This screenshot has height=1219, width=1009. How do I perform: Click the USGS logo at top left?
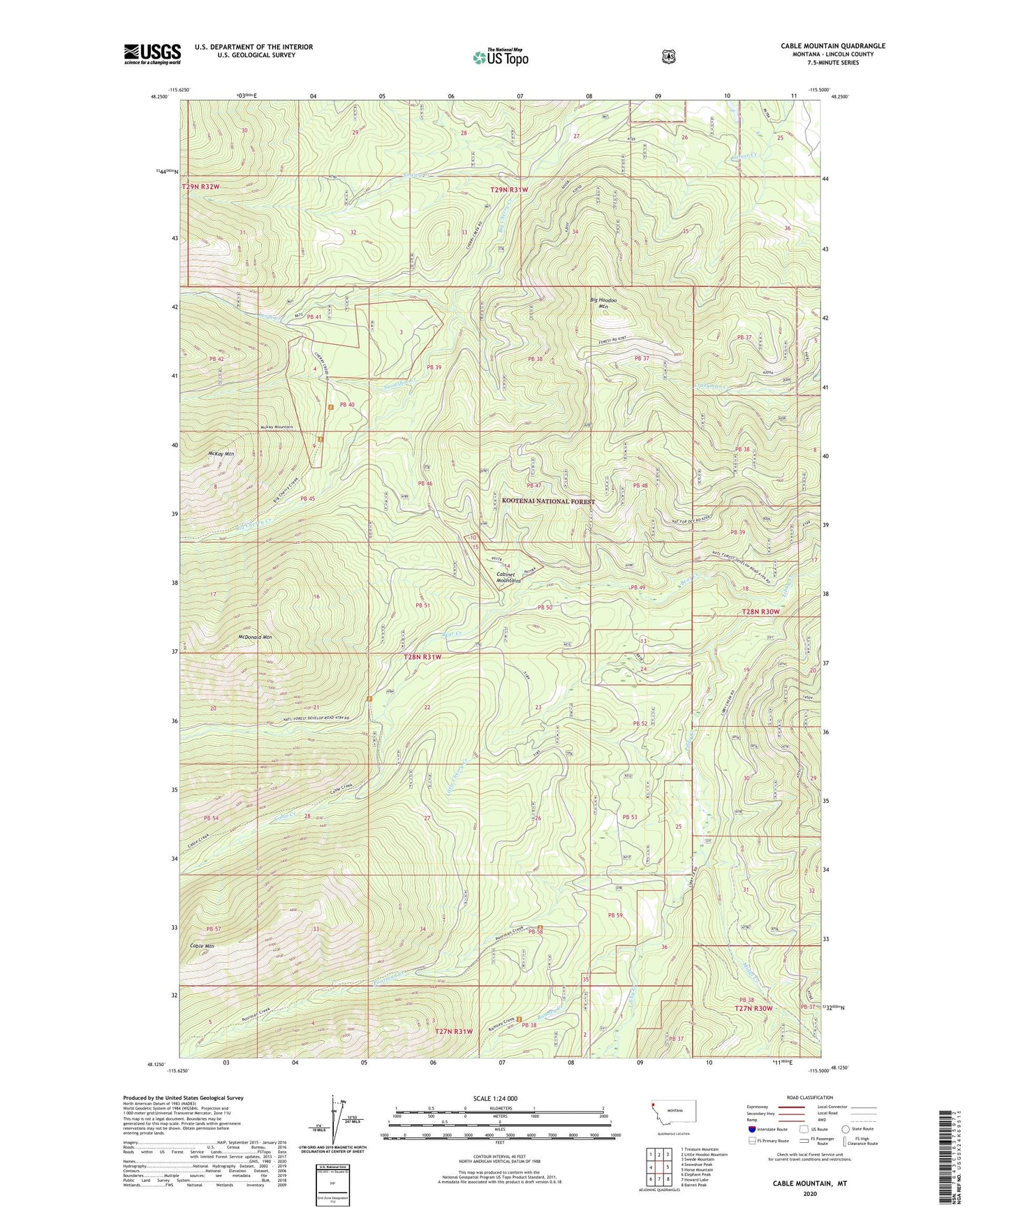[x=152, y=54]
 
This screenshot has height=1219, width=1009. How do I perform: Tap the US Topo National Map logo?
[x=500, y=57]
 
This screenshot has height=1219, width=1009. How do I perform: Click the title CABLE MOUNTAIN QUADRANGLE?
[x=832, y=46]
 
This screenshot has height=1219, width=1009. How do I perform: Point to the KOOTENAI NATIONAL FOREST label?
[x=548, y=501]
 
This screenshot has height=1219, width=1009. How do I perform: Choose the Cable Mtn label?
[x=202, y=946]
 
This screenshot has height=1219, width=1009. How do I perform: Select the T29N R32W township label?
[x=200, y=187]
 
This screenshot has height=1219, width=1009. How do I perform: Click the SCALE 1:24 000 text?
[x=495, y=1098]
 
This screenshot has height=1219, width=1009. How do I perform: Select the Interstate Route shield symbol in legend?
[x=751, y=1128]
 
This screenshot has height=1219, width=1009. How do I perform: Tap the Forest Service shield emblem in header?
[x=668, y=57]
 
